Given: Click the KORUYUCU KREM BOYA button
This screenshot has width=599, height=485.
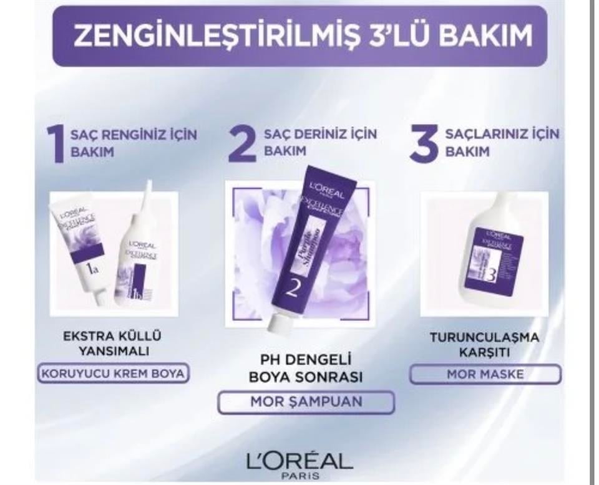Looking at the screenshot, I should [113, 374].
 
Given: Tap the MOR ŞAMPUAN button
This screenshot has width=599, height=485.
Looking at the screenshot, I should [306, 402].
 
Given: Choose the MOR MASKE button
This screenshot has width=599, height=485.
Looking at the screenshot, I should [485, 375].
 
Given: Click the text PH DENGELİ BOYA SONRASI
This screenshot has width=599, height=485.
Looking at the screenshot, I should [306, 368].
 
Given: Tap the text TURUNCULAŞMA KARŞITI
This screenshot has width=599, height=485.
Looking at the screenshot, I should [485, 345].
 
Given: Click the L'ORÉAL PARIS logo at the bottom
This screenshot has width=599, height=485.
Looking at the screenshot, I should [299, 464].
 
